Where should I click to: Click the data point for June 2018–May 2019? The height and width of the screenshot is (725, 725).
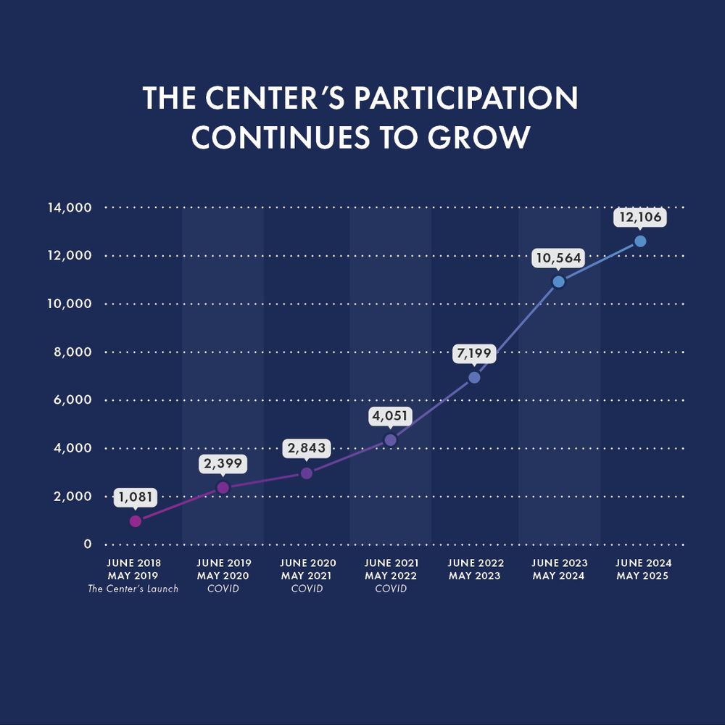pyautogui.click(x=135, y=521)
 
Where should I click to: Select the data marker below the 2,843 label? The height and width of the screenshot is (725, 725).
pyautogui.click(x=306, y=473)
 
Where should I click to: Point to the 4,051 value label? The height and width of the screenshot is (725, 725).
pyautogui.click(x=390, y=417)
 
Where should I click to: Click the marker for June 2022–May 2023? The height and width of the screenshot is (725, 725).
pyautogui.click(x=474, y=377)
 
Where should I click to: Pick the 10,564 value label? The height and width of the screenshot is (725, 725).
pyautogui.click(x=558, y=258)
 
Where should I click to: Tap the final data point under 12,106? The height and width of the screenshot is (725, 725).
pyautogui.click(x=640, y=241)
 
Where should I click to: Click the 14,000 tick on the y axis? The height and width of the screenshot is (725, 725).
pyautogui.click(x=70, y=208)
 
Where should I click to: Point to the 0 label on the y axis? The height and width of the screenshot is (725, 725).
pyautogui.click(x=88, y=544)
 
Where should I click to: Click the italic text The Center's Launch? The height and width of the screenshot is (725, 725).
pyautogui.click(x=133, y=589)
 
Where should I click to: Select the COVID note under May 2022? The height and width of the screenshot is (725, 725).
pyautogui.click(x=390, y=589)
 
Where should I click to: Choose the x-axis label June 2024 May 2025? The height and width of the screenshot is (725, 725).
pyautogui.click(x=643, y=570)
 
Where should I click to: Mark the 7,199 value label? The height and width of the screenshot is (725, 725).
pyautogui.click(x=474, y=355)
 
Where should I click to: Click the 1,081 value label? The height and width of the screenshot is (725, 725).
pyautogui.click(x=135, y=498)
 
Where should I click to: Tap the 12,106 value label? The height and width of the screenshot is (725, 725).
pyautogui.click(x=640, y=217)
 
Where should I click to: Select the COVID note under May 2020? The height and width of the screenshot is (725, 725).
pyautogui.click(x=223, y=589)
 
